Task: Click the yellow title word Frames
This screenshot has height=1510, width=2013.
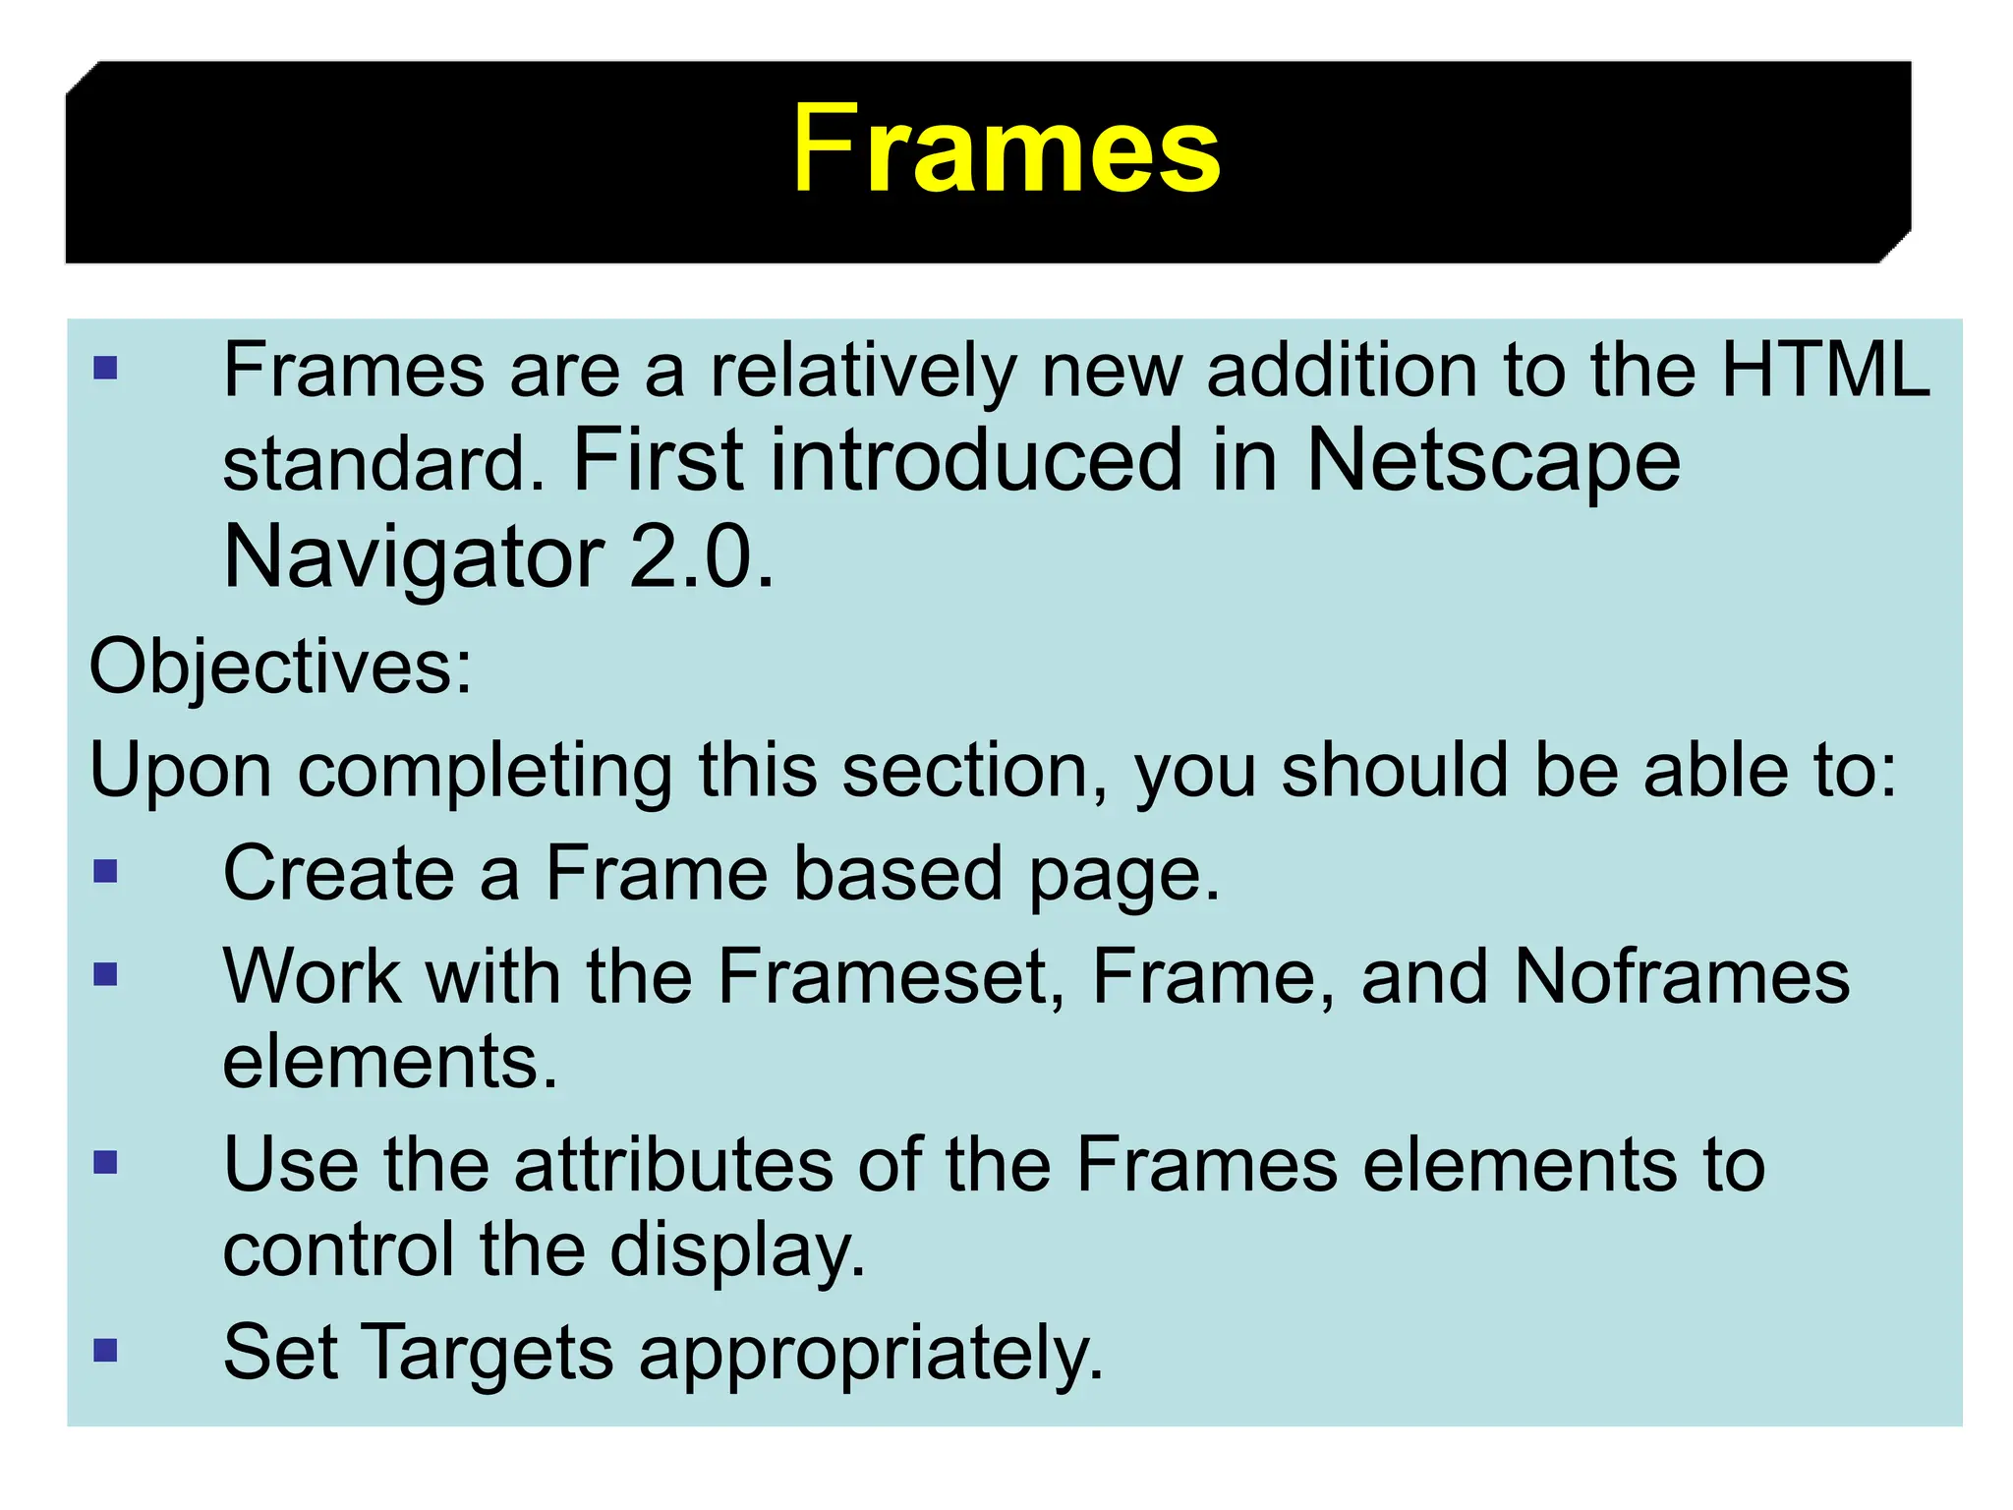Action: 1006,149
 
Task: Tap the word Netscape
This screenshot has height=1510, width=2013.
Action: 1493,461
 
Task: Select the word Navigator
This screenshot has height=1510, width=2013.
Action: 413,557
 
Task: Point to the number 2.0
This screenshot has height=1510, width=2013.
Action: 700,557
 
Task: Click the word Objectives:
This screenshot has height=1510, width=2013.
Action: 281,667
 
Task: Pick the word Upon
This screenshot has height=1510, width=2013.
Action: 180,771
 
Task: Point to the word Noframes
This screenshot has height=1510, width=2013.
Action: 1681,976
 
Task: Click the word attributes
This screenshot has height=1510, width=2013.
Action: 673,1165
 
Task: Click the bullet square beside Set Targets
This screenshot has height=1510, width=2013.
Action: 105,1350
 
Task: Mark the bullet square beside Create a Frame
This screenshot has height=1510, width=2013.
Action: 105,871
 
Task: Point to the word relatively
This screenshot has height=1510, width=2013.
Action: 862,372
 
